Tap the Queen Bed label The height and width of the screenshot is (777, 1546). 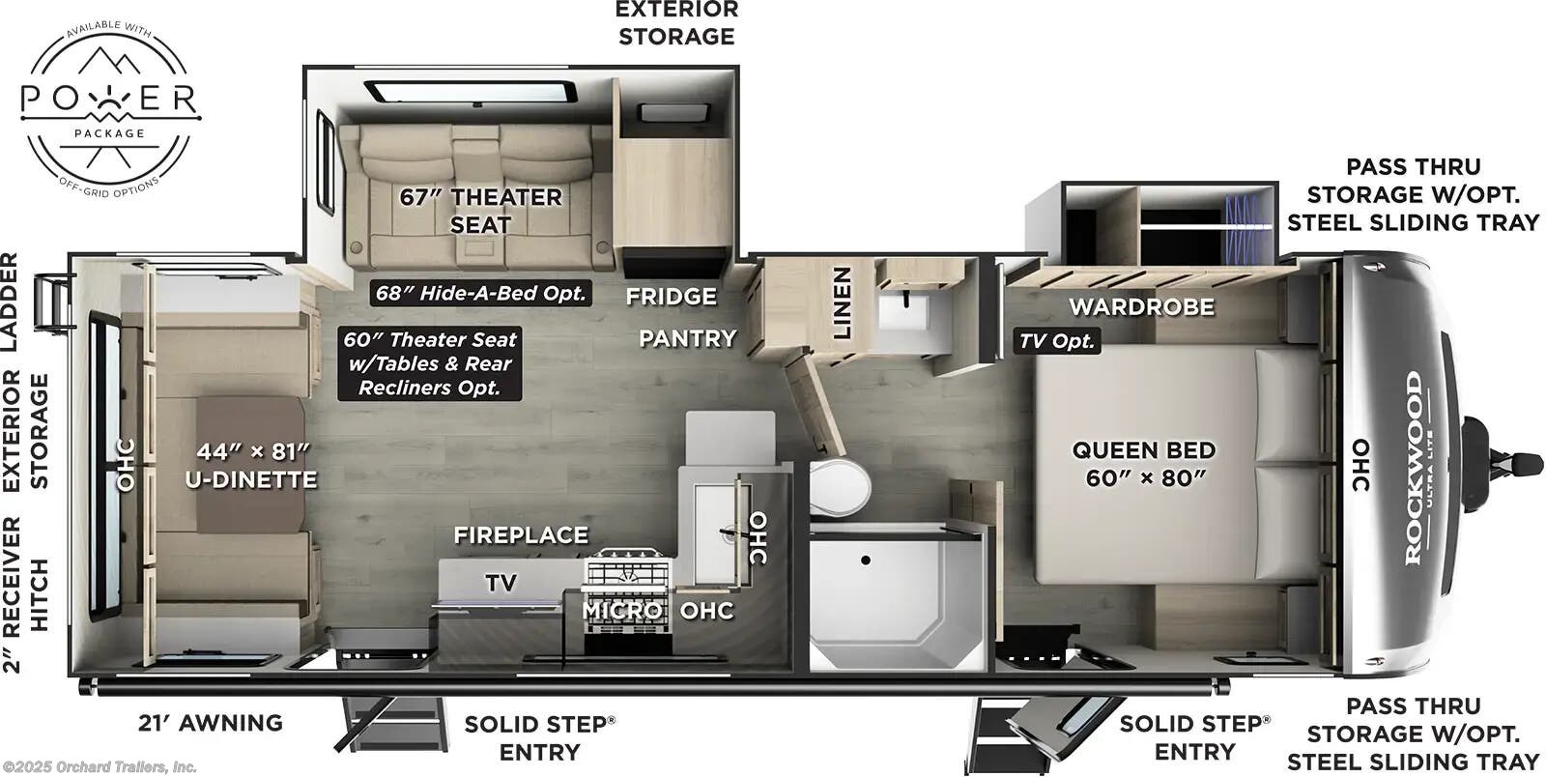click(1143, 463)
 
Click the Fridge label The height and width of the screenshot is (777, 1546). click(671, 296)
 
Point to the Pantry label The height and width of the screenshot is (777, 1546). click(687, 338)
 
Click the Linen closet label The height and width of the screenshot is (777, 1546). click(842, 303)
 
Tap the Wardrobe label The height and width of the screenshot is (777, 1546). click(1141, 307)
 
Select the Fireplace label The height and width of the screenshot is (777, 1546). click(521, 534)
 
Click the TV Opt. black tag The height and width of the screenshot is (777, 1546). click(1057, 340)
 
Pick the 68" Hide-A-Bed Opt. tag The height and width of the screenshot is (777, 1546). click(481, 293)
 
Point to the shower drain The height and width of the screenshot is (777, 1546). click(866, 560)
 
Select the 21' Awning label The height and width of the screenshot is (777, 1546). click(209, 722)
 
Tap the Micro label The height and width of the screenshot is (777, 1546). click(622, 611)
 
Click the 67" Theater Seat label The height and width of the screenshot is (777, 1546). click(480, 210)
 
